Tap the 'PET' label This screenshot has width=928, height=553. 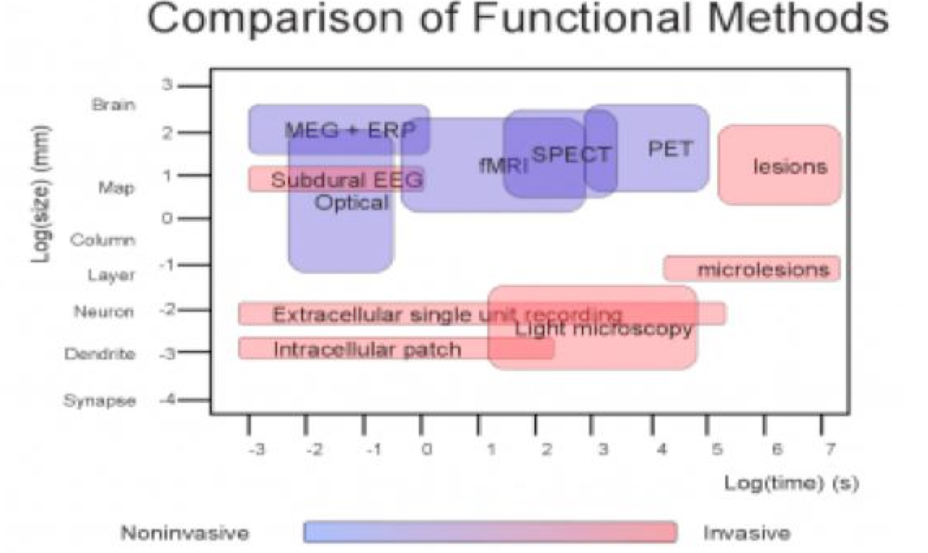pyautogui.click(x=670, y=149)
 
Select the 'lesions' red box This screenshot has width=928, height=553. pyautogui.click(x=780, y=165)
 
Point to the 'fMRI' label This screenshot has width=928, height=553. pyautogui.click(x=503, y=165)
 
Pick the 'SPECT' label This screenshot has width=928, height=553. pyautogui.click(x=572, y=154)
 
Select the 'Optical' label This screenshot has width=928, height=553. pyautogui.click(x=351, y=202)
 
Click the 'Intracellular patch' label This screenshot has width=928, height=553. pyautogui.click(x=367, y=349)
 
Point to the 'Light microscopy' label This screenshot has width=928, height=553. pyautogui.click(x=603, y=328)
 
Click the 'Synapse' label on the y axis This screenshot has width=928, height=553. pyautogui.click(x=99, y=401)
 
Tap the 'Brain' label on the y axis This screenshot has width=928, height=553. pyautogui.click(x=114, y=105)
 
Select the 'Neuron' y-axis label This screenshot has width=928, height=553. pyautogui.click(x=103, y=312)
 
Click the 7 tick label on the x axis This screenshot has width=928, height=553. pyautogui.click(x=829, y=448)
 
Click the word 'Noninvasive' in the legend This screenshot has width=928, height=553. pyautogui.click(x=183, y=533)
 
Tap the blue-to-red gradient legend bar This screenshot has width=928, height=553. pyautogui.click(x=490, y=532)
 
